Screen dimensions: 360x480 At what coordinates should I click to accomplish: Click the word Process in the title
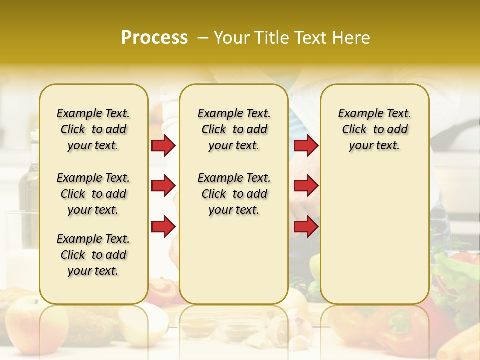tap(154, 38)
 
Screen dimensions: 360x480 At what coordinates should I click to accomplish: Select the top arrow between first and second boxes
tap(163, 145)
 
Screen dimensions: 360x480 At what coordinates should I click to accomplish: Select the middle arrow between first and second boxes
tap(163, 186)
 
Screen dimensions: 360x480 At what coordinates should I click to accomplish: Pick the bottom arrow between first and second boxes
tap(163, 226)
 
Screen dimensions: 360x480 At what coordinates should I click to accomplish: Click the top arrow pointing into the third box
tap(306, 145)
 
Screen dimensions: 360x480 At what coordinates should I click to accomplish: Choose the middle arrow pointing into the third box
tap(306, 186)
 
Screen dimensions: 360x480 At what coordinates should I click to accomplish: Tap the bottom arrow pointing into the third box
tap(306, 226)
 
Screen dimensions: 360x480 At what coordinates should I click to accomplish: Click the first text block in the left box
tap(93, 129)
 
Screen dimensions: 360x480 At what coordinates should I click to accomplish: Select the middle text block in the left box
tap(93, 194)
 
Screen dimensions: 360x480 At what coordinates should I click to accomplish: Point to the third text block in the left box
tap(93, 255)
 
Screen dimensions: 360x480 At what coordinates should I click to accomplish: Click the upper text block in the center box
tap(234, 129)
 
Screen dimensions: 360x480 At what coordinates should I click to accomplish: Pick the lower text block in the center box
tap(234, 194)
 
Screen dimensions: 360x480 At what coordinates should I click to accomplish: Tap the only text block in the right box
tap(374, 129)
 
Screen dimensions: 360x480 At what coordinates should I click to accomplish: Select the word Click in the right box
tap(354, 129)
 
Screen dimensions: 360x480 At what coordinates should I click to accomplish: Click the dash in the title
tap(202, 38)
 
